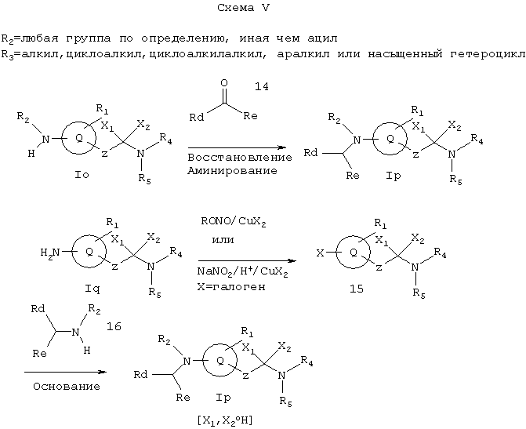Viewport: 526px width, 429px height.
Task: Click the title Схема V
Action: pyautogui.click(x=244, y=8)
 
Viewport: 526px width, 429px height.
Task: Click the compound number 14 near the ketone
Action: pyautogui.click(x=262, y=86)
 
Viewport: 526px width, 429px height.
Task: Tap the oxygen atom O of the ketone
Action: pyautogui.click(x=224, y=83)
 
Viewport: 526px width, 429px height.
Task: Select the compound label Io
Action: pyautogui.click(x=82, y=175)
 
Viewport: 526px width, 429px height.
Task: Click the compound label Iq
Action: pyautogui.click(x=93, y=289)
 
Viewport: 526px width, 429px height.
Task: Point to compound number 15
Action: pyautogui.click(x=357, y=289)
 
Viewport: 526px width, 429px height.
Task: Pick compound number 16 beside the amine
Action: pyautogui.click(x=114, y=326)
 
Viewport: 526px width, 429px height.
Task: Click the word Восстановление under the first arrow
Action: pyautogui.click(x=240, y=158)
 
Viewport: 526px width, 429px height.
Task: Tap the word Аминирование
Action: pyautogui.click(x=233, y=171)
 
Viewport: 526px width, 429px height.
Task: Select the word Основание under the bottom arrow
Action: pyautogui.click(x=67, y=387)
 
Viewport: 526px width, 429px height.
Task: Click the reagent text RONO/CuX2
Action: pyautogui.click(x=234, y=222)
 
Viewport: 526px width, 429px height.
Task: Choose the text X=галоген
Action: pyautogui.click(x=231, y=287)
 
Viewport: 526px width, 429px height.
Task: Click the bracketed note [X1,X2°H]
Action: pyautogui.click(x=225, y=420)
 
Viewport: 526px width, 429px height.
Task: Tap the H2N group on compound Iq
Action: pyautogui.click(x=50, y=253)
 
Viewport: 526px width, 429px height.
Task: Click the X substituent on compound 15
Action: pyautogui.click(x=321, y=253)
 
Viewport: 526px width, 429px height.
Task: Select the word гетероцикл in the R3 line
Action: pyautogui.click(x=488, y=54)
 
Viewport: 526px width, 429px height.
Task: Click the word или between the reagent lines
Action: pyautogui.click(x=223, y=240)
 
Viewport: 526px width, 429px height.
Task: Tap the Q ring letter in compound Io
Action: pyautogui.click(x=79, y=138)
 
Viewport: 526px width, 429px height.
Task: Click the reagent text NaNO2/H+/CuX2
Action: pyautogui.click(x=242, y=271)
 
